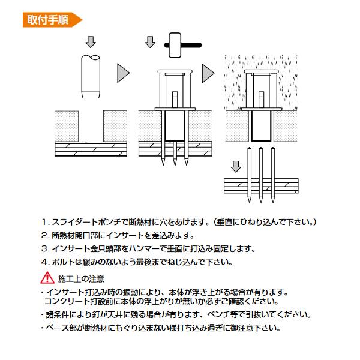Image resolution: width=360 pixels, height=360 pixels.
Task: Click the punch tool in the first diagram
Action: [91, 77]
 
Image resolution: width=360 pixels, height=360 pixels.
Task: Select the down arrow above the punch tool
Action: [91, 42]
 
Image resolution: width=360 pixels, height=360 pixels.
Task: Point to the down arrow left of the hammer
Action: [149, 43]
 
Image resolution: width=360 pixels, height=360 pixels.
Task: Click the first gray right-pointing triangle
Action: [124, 73]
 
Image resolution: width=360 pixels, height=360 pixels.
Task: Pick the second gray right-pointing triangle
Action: [208, 73]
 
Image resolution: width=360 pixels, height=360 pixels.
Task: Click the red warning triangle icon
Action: [46, 278]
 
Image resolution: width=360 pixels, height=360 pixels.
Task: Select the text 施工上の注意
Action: [81, 278]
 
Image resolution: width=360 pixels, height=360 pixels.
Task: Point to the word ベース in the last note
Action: [55, 328]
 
